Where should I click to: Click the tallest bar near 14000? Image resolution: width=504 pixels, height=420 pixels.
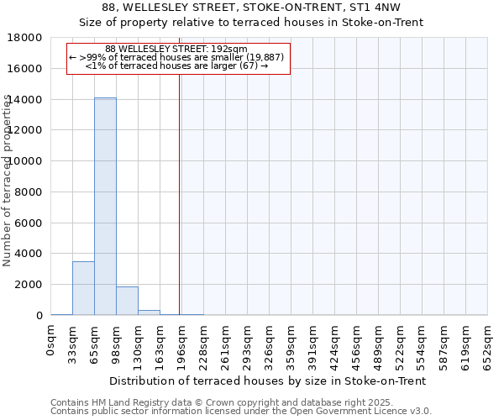click(x=105, y=206)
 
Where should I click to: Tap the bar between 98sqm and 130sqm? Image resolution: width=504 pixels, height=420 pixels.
click(x=127, y=301)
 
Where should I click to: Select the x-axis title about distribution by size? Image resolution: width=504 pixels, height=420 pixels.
click(x=267, y=381)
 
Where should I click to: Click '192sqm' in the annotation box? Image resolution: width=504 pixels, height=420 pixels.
click(x=230, y=50)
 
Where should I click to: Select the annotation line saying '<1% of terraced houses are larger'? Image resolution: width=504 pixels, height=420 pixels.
click(x=177, y=66)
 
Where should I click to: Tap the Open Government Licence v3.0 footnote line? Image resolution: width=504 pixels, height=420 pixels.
click(x=241, y=412)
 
